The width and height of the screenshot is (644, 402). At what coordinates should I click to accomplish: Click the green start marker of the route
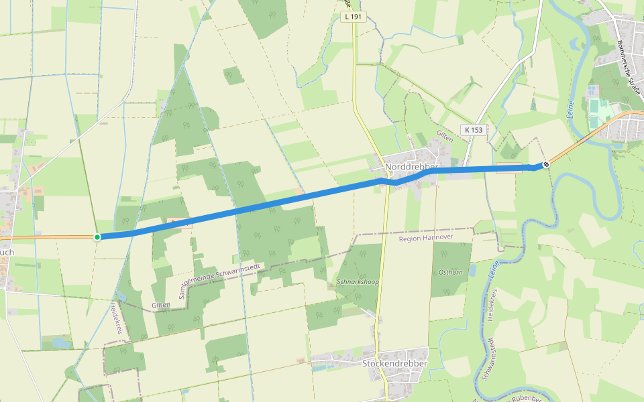(97, 237)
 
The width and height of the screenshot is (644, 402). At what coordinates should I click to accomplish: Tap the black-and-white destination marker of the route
(546, 163)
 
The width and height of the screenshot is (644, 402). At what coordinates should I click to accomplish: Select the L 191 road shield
(353, 17)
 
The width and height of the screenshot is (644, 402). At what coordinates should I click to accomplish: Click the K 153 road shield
(474, 129)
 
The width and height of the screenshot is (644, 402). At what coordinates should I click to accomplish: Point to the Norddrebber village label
(411, 167)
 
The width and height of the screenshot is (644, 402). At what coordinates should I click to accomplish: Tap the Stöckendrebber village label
(394, 363)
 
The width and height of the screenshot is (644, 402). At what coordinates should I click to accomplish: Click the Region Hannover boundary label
(426, 238)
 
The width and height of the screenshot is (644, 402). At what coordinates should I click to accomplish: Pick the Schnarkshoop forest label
(358, 282)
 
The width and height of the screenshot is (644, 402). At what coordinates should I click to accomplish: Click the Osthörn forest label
(451, 273)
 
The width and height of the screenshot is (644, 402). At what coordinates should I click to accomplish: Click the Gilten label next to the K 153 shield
(445, 137)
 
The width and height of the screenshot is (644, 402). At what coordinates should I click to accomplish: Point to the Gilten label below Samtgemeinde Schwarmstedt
(161, 304)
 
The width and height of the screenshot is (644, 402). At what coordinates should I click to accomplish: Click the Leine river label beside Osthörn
(493, 270)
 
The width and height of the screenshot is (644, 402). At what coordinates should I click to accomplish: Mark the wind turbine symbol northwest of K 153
(472, 86)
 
